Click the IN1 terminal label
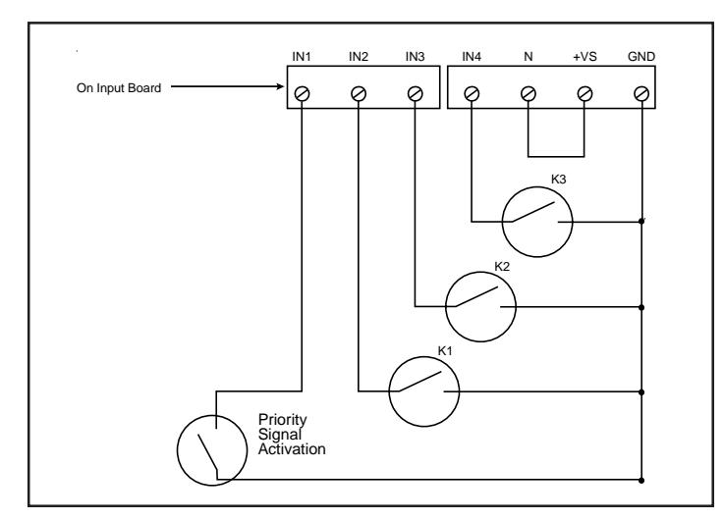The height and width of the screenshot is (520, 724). click(302, 57)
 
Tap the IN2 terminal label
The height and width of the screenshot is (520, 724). click(359, 57)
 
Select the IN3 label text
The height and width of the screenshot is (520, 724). click(415, 57)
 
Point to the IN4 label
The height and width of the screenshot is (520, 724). click(472, 57)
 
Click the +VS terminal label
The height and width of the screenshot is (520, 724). click(585, 57)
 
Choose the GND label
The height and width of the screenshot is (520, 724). click(641, 57)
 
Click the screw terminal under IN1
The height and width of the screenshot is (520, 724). click(302, 94)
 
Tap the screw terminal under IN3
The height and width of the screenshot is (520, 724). click(416, 94)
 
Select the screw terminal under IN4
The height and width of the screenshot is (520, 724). click(472, 94)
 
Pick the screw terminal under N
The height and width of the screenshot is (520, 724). click(529, 94)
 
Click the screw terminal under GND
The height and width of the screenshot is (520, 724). click(641, 94)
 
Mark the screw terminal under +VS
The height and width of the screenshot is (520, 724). click(585, 94)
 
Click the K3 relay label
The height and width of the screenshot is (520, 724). click(558, 180)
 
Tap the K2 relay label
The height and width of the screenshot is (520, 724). click(502, 267)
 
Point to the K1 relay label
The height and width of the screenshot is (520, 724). click(445, 351)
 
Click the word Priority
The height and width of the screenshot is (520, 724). click(282, 420)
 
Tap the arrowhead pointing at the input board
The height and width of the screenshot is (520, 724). click(280, 86)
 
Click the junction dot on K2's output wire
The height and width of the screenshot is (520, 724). click(641, 307)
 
